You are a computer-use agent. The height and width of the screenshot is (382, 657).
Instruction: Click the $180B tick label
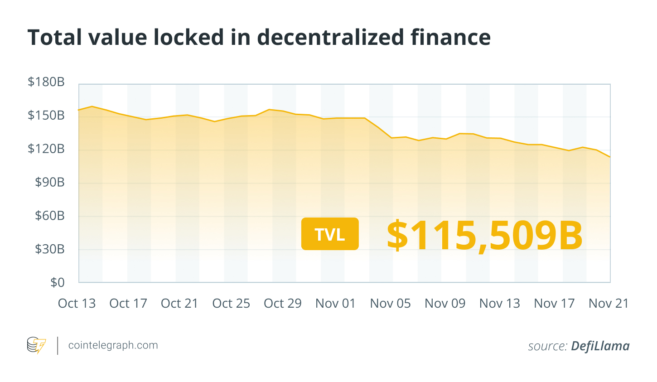[x=46, y=82]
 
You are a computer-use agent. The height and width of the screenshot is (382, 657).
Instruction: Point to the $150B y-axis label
[x=46, y=116]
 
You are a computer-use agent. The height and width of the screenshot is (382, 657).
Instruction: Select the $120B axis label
[x=46, y=149]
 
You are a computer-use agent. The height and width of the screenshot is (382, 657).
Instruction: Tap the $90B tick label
[x=50, y=182]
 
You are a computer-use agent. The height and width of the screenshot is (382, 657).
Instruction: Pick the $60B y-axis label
[x=50, y=216]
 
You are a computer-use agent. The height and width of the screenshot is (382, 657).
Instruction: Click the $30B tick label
[x=50, y=249]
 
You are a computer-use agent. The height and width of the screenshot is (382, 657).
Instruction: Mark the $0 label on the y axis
[x=58, y=282]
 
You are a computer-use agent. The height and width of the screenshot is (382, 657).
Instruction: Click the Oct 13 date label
[x=77, y=303]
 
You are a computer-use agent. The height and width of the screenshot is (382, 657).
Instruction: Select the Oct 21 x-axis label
[x=180, y=303]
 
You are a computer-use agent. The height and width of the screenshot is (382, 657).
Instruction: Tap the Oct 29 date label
[x=283, y=303]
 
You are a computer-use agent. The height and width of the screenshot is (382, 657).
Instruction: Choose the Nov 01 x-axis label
[x=336, y=303]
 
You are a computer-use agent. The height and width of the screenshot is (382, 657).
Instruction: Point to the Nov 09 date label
[x=445, y=303]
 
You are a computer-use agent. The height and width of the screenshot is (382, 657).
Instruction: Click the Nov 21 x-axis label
[x=609, y=303]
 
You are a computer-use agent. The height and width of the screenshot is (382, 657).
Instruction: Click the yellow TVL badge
[x=330, y=234]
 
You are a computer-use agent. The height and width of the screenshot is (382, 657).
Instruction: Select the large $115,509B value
[x=484, y=235]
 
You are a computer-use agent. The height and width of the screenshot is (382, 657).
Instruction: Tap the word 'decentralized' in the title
[x=330, y=37]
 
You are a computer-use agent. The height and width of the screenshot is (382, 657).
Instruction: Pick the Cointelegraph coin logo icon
[x=36, y=346]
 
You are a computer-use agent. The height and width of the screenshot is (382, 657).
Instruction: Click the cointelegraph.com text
[x=113, y=345]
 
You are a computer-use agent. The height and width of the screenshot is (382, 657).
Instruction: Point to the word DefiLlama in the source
[x=600, y=346]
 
